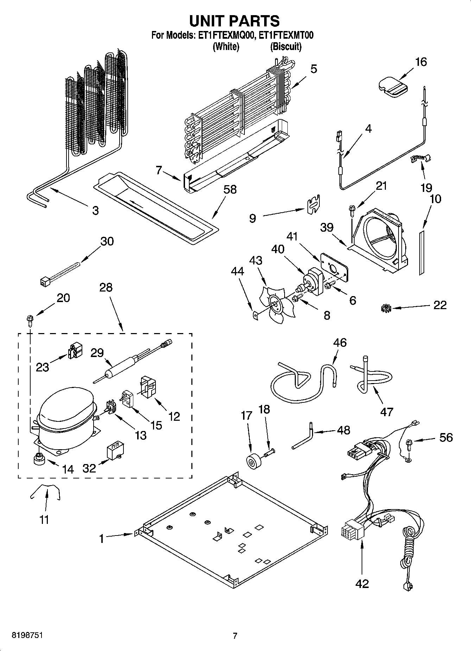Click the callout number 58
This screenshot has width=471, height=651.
230,190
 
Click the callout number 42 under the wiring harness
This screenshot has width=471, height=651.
362,583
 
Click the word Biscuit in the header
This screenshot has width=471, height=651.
286,46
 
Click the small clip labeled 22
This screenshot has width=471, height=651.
386,309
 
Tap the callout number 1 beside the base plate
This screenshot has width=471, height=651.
101,539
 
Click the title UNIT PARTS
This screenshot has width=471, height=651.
235,21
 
